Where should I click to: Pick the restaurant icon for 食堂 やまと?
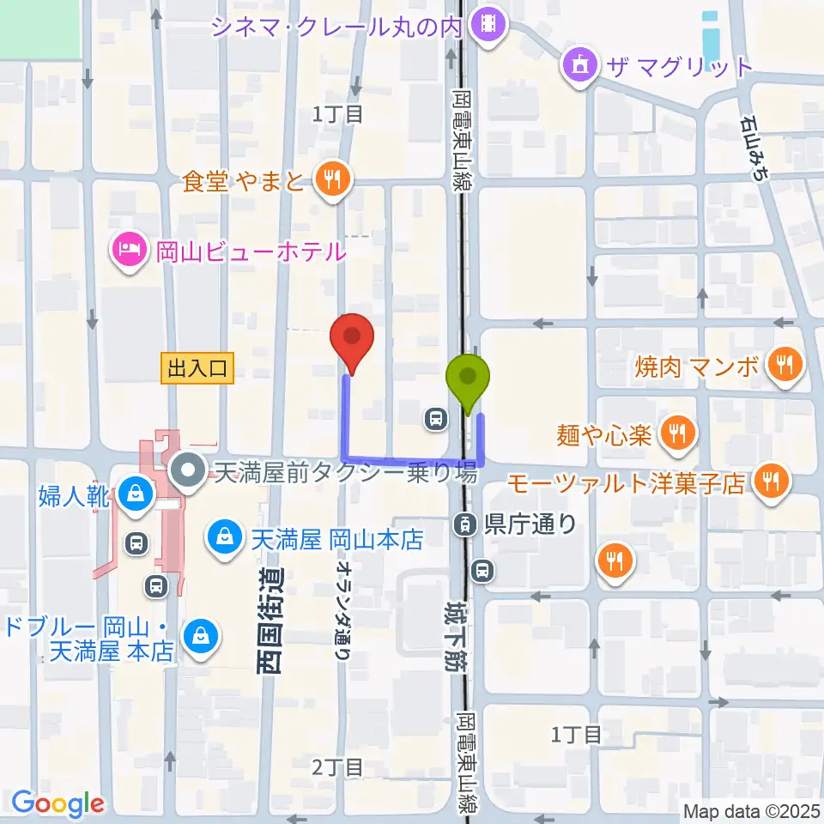tap(330, 181)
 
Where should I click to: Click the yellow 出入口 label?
tap(197, 369)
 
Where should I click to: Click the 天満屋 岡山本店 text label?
tap(338, 540)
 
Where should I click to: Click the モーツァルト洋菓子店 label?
tap(626, 483)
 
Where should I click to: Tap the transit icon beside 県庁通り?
tap(465, 523)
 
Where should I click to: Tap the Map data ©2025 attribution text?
tap(750, 810)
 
